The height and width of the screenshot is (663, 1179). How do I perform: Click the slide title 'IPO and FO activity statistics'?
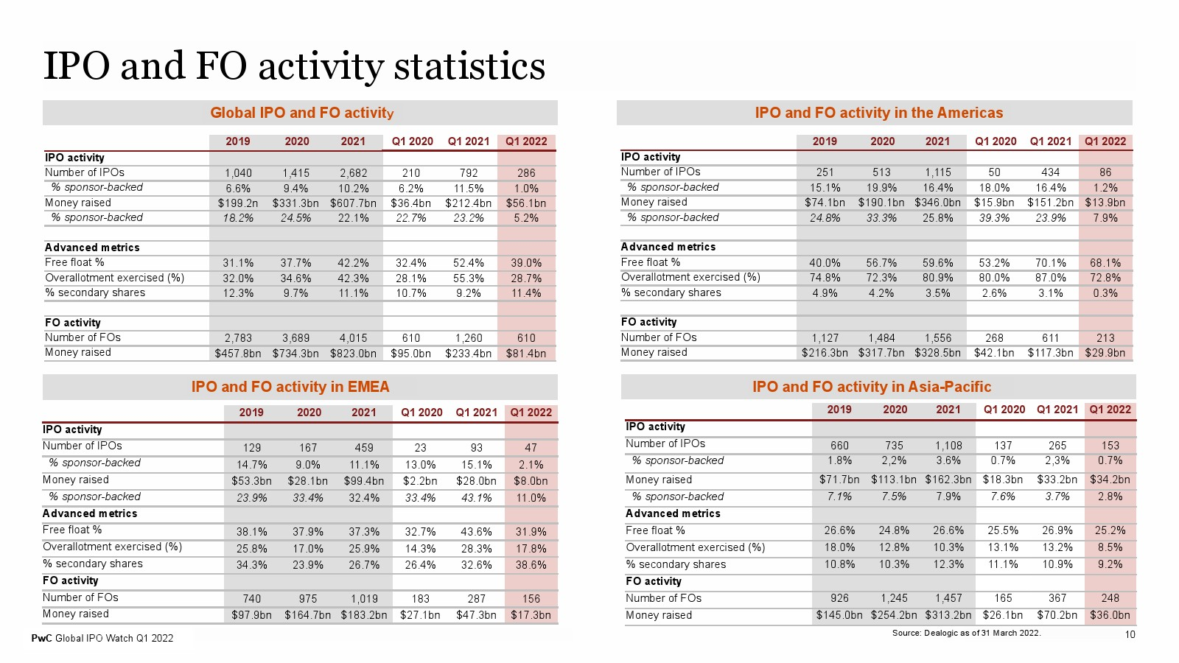294,66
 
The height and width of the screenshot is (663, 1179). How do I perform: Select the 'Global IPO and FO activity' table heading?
301,113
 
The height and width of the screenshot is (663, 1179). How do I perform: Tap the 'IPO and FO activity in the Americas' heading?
879,113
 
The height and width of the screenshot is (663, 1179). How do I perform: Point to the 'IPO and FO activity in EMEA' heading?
290,387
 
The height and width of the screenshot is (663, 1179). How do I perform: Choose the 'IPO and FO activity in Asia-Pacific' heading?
872,387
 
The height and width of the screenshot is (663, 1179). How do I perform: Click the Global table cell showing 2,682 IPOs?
353,173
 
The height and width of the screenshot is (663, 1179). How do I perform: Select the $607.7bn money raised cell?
353,203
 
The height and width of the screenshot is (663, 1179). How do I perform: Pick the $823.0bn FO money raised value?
353,354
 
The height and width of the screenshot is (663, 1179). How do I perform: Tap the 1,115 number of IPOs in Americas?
937,172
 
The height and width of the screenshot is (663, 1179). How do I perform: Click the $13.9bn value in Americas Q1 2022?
1105,203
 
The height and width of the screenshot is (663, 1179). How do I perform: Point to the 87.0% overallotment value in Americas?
1050,277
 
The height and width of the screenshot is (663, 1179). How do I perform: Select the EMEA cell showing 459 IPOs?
364,448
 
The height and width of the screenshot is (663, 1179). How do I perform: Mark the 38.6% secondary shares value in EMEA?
531,565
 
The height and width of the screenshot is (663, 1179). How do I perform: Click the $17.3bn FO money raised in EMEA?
531,615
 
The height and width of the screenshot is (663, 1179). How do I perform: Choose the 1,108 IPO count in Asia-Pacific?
948,446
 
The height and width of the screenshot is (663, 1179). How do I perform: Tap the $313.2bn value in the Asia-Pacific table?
948,615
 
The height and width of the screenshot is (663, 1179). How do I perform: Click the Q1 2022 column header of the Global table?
526,141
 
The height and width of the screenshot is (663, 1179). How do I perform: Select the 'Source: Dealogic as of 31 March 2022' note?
966,633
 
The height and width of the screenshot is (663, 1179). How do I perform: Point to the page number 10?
1130,634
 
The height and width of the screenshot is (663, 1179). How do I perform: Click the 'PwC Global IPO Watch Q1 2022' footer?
102,638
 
